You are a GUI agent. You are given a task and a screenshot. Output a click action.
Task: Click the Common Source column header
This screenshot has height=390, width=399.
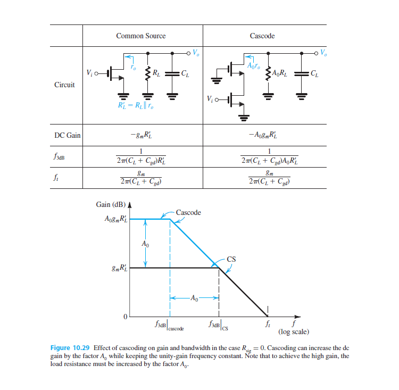tap(140, 36)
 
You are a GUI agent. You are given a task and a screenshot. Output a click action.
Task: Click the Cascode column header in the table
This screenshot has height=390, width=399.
tap(262, 36)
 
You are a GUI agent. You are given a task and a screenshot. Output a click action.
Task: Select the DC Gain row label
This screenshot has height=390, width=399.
tap(67, 135)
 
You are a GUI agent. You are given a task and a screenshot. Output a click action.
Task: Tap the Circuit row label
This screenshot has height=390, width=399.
tap(64, 85)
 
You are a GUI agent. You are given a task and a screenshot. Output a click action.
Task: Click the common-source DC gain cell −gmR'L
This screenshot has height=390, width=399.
tap(141, 135)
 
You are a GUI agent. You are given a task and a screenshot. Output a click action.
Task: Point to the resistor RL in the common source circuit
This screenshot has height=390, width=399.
tap(148, 72)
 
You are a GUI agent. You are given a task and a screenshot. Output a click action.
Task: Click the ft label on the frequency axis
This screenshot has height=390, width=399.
tap(268, 323)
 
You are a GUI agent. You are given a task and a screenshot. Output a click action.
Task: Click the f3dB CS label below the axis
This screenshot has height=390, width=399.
tap(219, 325)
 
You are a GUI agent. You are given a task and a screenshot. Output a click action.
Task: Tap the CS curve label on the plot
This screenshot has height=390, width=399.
tap(231, 260)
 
